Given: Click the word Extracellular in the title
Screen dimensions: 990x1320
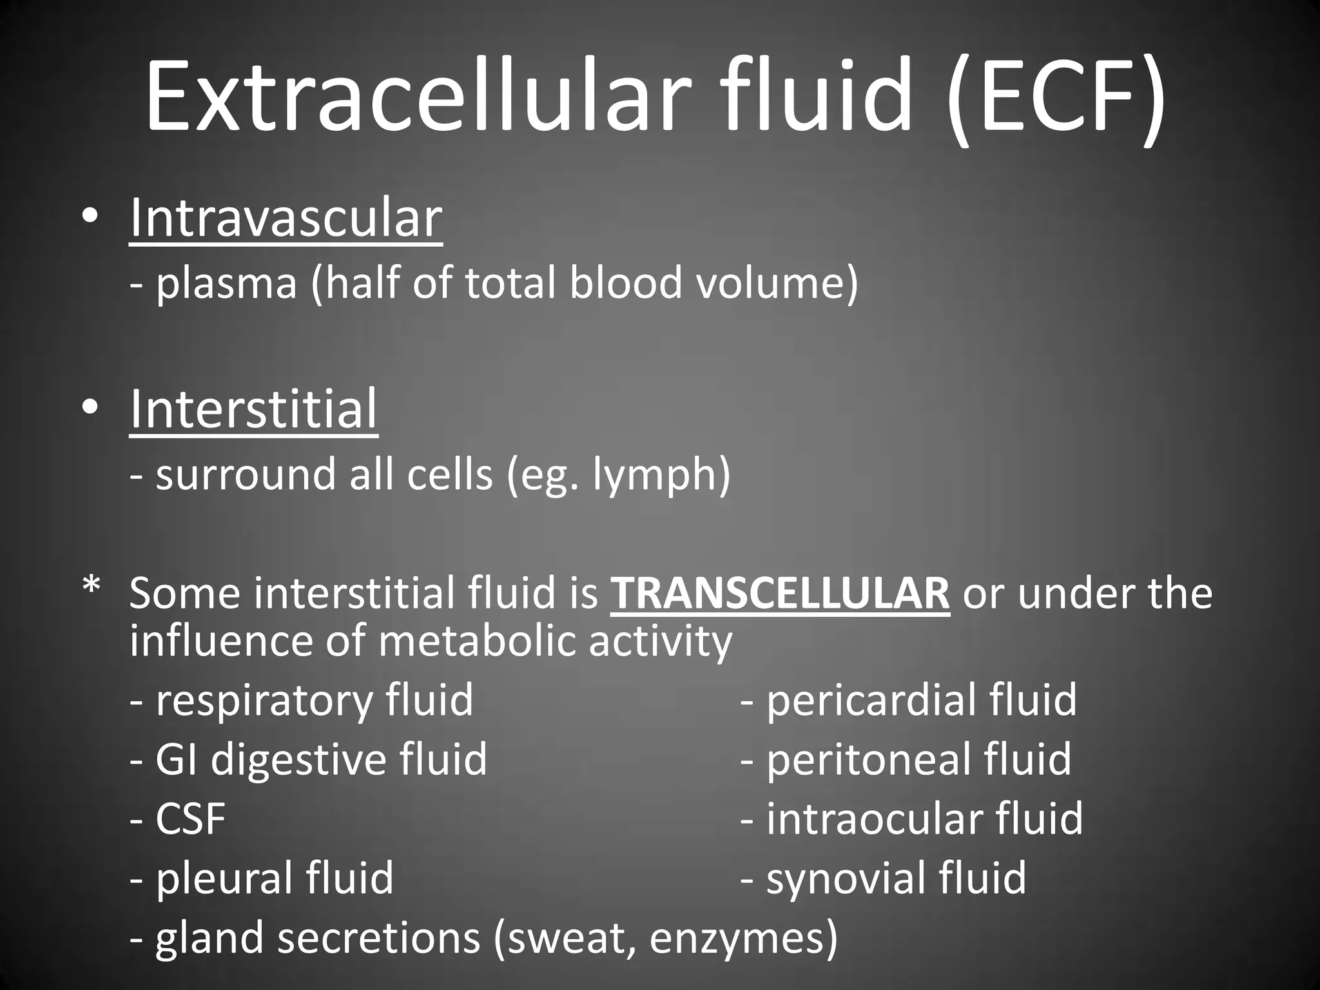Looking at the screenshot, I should pos(412,97).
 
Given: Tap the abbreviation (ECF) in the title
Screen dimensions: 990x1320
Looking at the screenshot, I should pos(1057,97).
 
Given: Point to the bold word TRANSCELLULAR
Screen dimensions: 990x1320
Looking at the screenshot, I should pos(780,593).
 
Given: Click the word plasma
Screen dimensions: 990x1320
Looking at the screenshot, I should pos(226,284).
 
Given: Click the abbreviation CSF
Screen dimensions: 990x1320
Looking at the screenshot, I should pos(191,819).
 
